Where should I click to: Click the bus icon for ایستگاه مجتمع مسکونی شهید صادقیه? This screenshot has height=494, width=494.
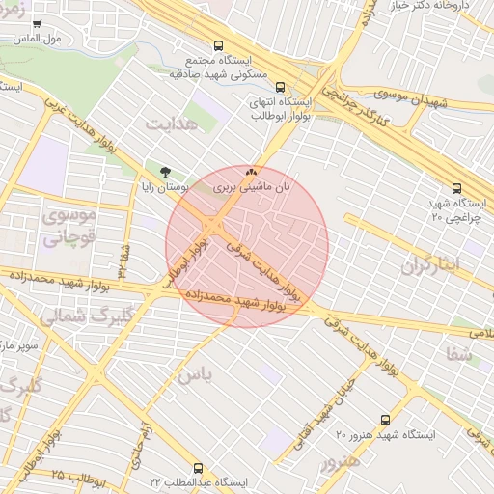(x=219, y=45)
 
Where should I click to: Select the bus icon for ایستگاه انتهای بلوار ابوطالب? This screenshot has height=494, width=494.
(x=280, y=86)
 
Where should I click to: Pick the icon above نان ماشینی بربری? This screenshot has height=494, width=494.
(x=252, y=170)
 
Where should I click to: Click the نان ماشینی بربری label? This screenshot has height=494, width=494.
(x=250, y=184)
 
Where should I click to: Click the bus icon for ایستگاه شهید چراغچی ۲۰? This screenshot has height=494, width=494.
(x=456, y=189)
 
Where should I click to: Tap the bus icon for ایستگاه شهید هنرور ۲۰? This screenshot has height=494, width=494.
(x=386, y=420)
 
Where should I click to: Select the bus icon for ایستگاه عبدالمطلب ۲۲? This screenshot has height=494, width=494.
(x=198, y=467)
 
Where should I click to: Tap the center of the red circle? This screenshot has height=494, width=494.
(x=247, y=246)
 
